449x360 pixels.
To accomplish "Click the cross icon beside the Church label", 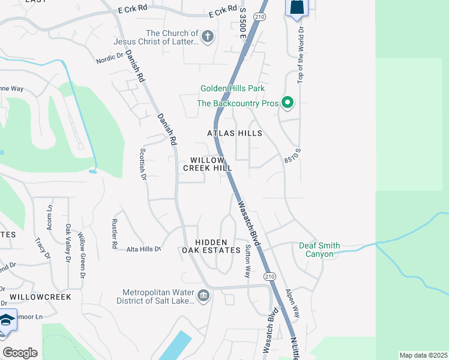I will pyautogui.click(x=208, y=37).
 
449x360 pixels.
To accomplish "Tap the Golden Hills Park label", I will pyautogui.click(x=232, y=89).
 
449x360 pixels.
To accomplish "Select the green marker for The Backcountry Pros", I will pyautogui.click(x=287, y=103).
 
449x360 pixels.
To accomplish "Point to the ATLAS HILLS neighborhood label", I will pyautogui.click(x=235, y=133).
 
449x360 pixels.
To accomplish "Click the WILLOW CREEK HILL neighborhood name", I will pyautogui.click(x=208, y=164).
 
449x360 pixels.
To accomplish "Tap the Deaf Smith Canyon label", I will pyautogui.click(x=320, y=250).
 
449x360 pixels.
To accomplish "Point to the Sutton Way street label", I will pyautogui.click(x=247, y=261).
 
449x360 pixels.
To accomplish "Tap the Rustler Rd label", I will pyautogui.click(x=114, y=233).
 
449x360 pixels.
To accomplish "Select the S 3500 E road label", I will pyautogui.click(x=242, y=24).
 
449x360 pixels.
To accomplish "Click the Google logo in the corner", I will pyautogui.click(x=20, y=353).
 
